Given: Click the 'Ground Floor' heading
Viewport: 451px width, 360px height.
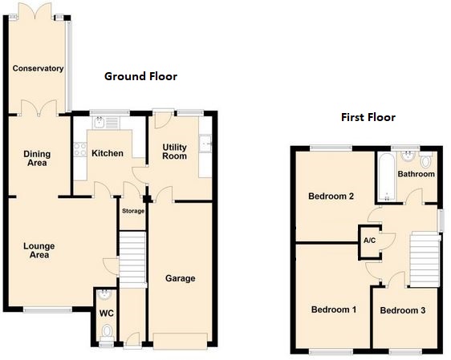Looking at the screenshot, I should click(x=140, y=76).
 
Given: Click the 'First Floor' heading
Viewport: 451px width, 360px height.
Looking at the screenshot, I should click(x=368, y=117).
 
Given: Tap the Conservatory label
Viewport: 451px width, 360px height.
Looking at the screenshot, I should click(x=38, y=69).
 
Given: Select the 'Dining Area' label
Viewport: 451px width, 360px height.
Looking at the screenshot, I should click(x=35, y=158).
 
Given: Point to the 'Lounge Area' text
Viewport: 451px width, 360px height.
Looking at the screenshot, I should click(x=35, y=250).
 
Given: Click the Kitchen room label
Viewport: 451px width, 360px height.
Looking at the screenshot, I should click(x=107, y=153).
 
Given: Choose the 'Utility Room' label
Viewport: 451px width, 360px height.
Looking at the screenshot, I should click(x=174, y=152).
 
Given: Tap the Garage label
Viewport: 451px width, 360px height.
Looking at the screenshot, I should click(x=181, y=278).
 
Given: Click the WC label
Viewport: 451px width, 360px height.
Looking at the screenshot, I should click(x=106, y=313).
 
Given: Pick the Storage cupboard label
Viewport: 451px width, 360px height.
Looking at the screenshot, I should click(x=132, y=211).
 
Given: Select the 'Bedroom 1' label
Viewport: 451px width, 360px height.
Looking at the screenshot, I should click(x=333, y=309).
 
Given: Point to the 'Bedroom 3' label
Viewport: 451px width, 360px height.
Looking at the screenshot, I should click(x=402, y=310).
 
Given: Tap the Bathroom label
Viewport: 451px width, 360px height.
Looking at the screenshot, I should click(x=416, y=174).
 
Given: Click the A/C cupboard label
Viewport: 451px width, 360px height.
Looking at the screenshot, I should click(x=369, y=241).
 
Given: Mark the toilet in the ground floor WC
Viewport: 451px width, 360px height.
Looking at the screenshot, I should click(x=106, y=331).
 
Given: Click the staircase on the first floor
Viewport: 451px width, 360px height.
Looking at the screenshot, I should click(x=424, y=258).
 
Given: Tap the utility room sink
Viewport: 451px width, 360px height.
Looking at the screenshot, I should click(x=206, y=144).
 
